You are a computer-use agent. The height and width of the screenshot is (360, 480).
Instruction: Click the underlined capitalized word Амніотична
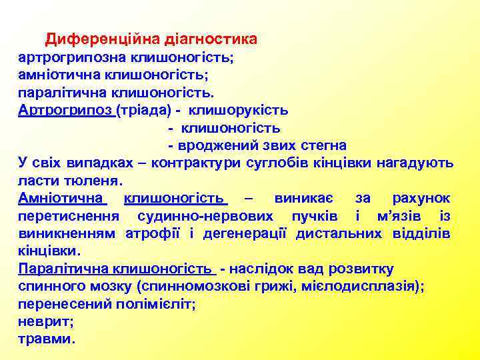(61, 198)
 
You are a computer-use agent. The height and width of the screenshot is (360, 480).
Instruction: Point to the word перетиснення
(69, 216)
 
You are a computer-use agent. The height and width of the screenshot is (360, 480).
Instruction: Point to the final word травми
(47, 339)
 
